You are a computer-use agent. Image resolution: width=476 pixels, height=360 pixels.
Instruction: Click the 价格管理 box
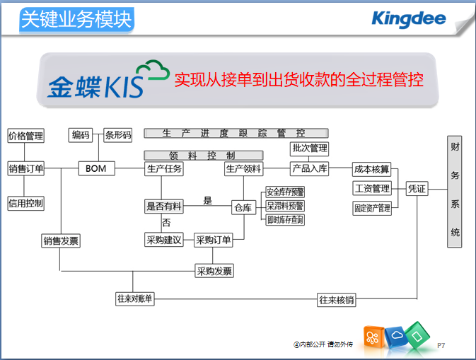pos(25,136)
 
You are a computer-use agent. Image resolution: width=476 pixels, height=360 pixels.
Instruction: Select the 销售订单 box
pos(25,169)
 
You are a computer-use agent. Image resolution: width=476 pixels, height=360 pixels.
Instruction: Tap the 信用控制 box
pos(25,203)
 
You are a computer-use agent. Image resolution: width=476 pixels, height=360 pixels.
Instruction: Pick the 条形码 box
pos(118,135)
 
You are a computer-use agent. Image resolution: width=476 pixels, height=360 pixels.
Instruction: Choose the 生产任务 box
pos(164,169)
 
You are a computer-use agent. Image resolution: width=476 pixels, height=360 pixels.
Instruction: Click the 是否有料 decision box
pos(164,206)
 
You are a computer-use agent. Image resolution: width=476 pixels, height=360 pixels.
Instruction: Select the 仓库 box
pos(243,207)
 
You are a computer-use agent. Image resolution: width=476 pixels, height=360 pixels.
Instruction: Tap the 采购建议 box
pos(164,240)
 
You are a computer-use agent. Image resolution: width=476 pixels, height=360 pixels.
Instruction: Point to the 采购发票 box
pos(214,271)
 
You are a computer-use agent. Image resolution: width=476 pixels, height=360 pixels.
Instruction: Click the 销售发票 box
pos(61,241)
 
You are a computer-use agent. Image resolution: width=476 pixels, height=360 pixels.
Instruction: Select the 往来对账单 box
pos(134,299)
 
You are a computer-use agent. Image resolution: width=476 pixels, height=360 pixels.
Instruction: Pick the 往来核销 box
pos(336,300)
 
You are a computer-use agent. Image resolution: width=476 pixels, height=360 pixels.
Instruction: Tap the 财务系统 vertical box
pos(455,191)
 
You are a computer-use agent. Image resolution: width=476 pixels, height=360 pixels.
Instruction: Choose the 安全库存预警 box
pos(285,192)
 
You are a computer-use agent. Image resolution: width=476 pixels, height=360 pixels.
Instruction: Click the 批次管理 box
pos(309,149)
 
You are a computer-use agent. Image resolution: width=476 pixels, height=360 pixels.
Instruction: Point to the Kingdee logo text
pos(408,19)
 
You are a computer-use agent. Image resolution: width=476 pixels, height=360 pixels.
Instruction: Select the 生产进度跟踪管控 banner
pos(236,132)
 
